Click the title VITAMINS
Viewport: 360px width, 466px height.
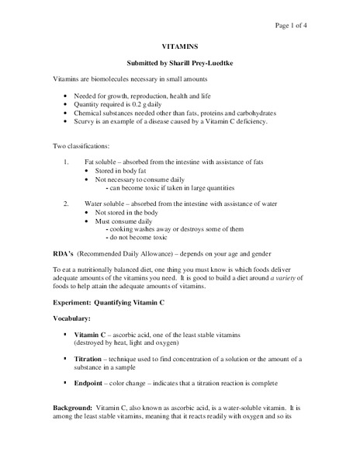(180, 47)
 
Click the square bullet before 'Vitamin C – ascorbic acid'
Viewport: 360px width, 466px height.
(64, 334)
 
